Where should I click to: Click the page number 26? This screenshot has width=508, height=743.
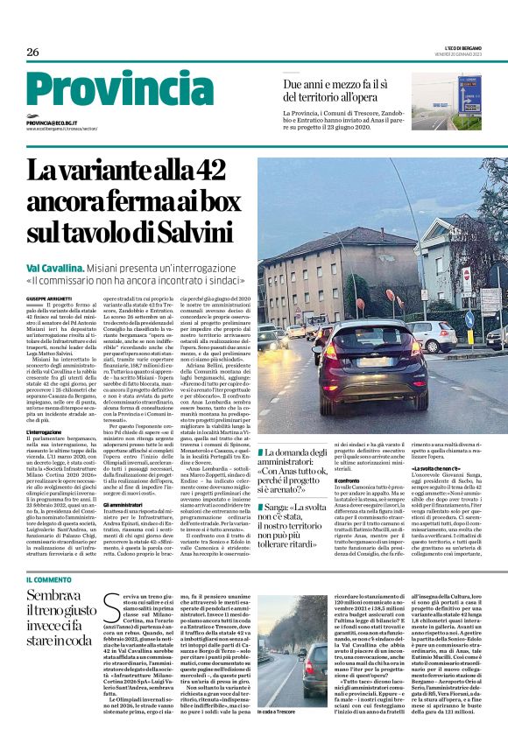point(32,52)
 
